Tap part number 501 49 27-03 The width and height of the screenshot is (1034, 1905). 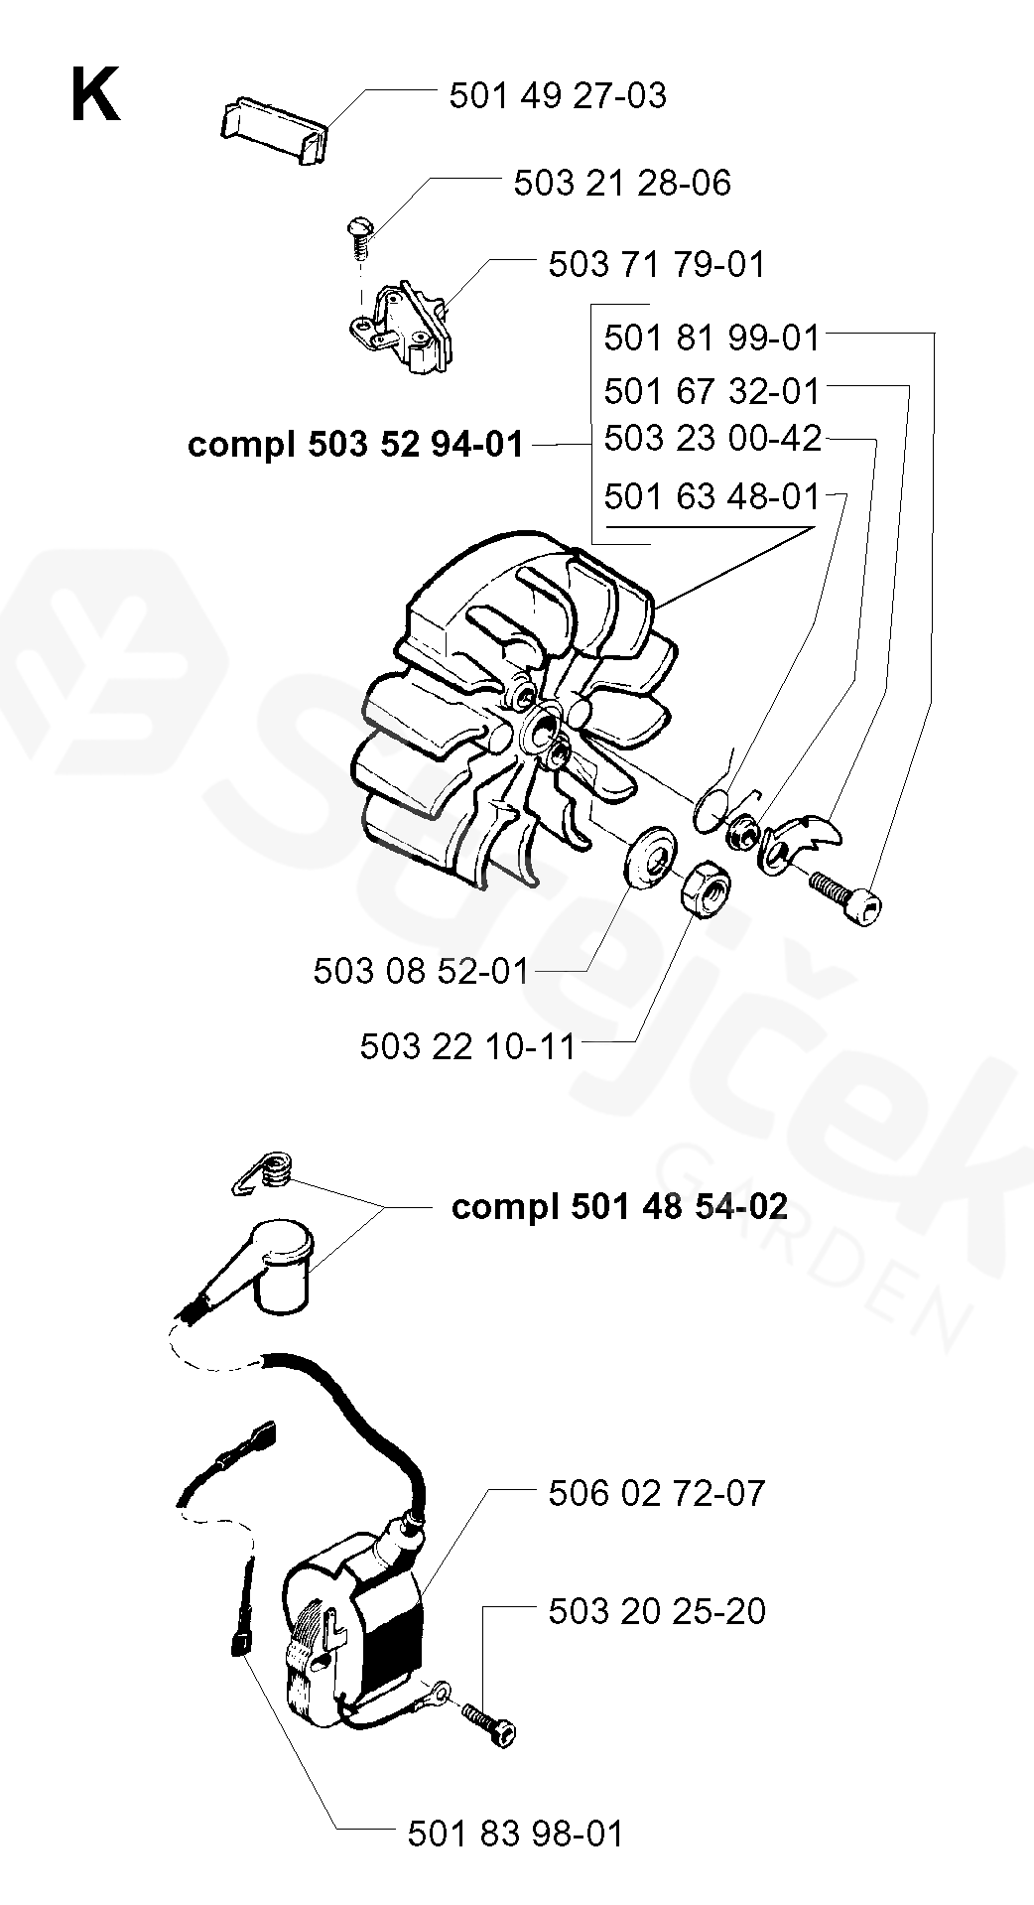point(558,96)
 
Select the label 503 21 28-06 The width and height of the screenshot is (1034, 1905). point(622,184)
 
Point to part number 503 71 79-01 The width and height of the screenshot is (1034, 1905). point(657,265)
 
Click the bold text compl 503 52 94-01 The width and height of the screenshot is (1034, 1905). point(355,445)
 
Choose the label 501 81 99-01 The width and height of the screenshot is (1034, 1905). point(712,339)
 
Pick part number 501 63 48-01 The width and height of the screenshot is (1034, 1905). point(712,495)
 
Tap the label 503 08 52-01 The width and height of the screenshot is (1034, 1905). point(422,970)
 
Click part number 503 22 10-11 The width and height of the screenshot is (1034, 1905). point(468,1045)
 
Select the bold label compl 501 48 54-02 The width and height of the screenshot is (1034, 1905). point(620,1206)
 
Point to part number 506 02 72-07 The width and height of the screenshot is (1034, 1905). point(657,1493)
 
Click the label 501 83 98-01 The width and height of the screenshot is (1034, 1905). point(516,1834)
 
